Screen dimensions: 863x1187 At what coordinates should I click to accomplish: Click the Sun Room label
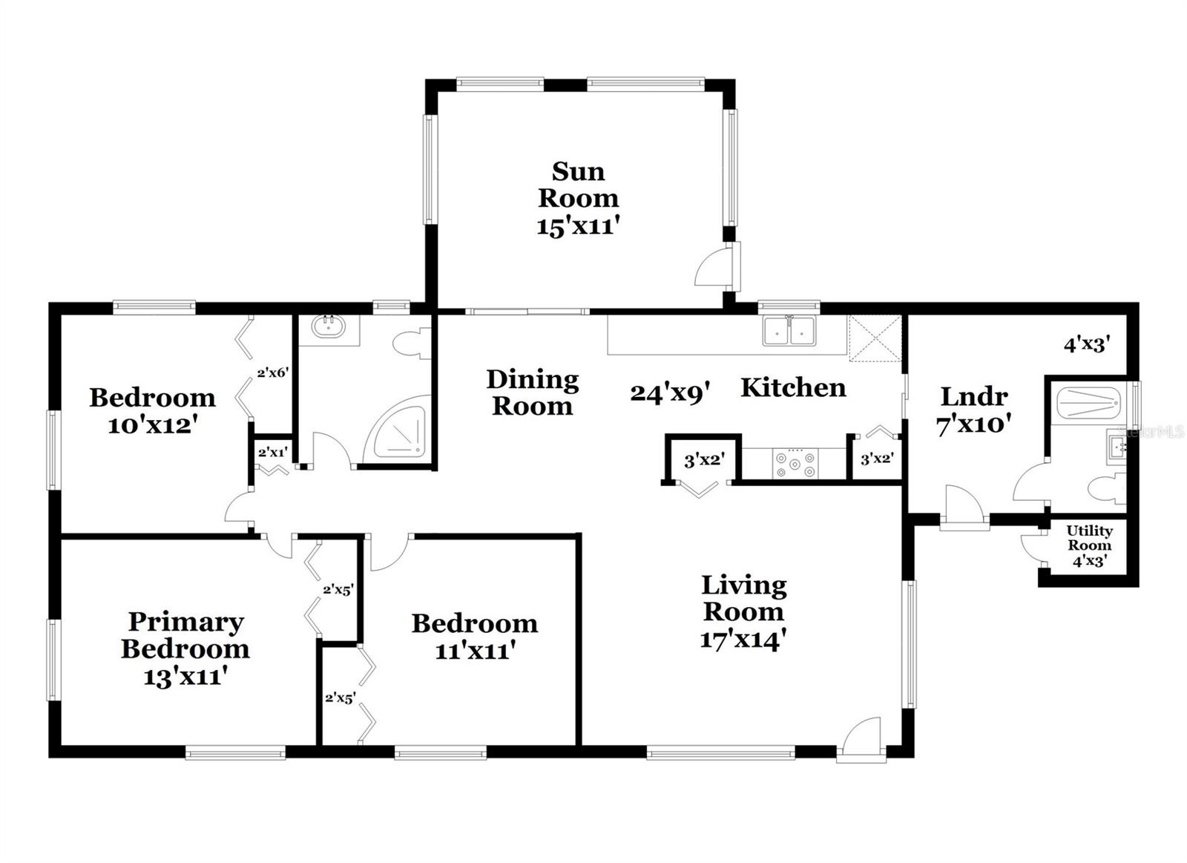click(578, 185)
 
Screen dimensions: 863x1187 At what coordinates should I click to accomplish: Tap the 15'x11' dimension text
click(578, 226)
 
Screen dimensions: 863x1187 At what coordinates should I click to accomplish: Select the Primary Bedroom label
click(185, 634)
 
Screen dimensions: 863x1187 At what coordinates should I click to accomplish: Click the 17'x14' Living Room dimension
click(743, 639)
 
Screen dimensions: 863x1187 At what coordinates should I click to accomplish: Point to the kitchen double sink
click(789, 331)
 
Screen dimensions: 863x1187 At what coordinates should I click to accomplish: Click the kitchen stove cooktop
click(795, 465)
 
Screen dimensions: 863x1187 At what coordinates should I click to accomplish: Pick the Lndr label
click(974, 396)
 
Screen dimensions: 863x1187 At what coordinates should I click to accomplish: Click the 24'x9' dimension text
click(671, 392)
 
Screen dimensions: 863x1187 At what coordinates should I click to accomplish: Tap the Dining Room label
click(532, 393)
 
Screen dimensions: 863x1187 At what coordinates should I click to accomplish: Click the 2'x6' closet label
click(272, 373)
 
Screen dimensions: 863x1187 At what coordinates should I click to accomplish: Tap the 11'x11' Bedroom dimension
click(475, 651)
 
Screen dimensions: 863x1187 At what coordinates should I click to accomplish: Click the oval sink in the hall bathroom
click(327, 327)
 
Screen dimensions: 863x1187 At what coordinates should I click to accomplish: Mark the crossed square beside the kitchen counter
click(875, 338)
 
